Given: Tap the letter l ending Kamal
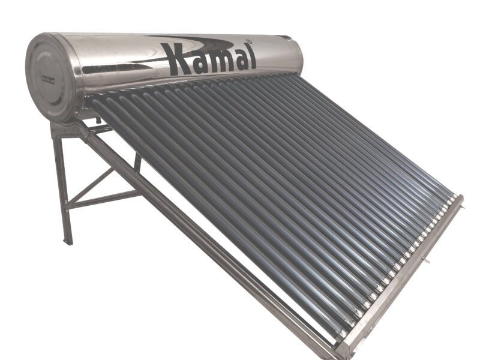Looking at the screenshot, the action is coord(251,57).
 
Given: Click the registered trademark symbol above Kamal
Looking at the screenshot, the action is coord(248,40).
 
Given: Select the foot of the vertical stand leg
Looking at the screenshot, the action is coord(68,241).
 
